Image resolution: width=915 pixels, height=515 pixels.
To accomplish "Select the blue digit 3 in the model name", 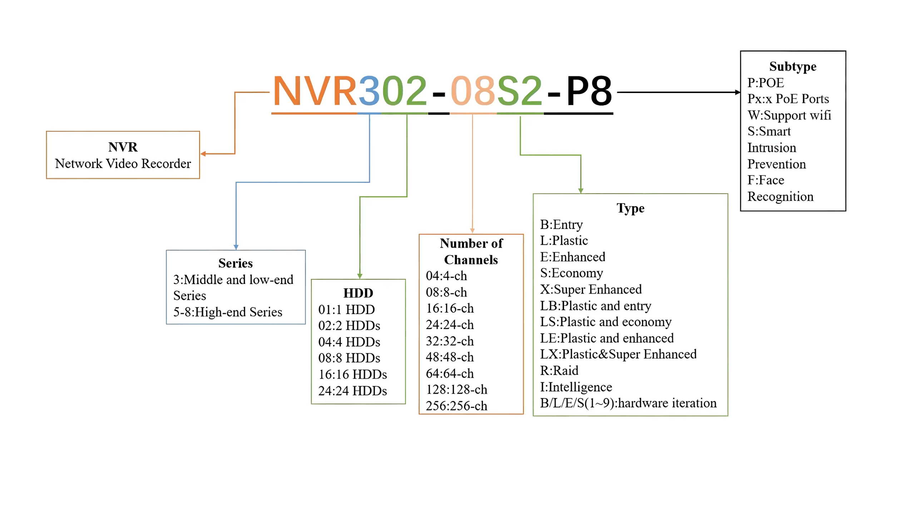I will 369,91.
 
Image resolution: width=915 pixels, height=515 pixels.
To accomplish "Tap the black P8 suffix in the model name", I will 589,91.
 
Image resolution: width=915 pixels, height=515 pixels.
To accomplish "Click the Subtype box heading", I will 793,67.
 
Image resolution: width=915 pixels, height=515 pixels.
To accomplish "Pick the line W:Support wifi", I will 789,115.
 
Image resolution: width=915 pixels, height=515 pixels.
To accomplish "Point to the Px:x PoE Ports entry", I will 788,99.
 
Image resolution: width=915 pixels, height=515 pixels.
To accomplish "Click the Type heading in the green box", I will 630,208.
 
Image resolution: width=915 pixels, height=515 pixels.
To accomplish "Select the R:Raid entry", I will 559,371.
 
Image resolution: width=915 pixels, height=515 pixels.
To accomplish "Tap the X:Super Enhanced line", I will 591,289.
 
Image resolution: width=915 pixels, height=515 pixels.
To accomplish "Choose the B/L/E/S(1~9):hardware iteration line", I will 628,403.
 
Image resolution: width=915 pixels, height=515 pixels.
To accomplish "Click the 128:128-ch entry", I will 456,389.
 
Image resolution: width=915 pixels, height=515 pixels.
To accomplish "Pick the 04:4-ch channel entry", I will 446,276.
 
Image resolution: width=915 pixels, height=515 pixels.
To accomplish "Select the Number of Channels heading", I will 471,251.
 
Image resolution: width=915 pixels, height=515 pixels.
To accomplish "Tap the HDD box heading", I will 358,293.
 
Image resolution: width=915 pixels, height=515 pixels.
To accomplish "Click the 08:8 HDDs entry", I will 349,358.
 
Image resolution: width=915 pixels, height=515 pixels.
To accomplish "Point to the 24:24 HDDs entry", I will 352,391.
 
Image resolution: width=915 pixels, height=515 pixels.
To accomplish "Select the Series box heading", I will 236,263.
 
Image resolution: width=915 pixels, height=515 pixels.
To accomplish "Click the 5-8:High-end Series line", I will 228,312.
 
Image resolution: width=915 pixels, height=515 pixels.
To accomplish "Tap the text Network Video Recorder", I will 123,163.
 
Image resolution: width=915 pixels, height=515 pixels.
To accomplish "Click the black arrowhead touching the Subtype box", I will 738,92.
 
